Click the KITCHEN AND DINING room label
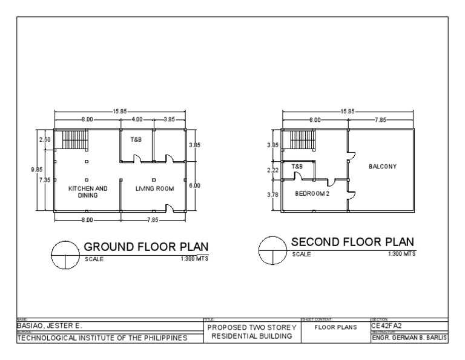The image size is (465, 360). click(x=88, y=192)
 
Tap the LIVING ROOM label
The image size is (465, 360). click(x=154, y=188)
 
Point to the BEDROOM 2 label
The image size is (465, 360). click(x=312, y=194)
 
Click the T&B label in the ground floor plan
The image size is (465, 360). click(x=136, y=139)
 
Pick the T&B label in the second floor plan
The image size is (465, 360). click(x=297, y=166)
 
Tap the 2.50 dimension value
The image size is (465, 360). click(x=45, y=140)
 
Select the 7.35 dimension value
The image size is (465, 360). click(x=45, y=181)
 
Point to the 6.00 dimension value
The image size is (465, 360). click(x=194, y=185)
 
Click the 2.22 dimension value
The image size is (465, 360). click(x=272, y=171)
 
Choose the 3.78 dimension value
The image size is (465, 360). click(x=272, y=195)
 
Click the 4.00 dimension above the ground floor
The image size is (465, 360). click(x=137, y=120)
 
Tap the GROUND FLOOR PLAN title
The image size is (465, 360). click(x=145, y=247)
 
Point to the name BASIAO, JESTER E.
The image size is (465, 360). click(x=47, y=326)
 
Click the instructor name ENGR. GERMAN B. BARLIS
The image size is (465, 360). click(x=409, y=338)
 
